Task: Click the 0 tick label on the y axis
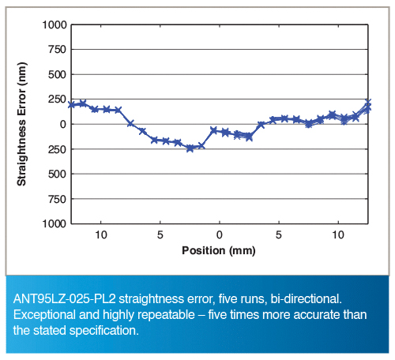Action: [x=63, y=124]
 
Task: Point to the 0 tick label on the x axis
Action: [x=220, y=234]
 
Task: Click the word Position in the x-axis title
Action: [x=204, y=250]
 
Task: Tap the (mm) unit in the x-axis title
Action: [x=243, y=250]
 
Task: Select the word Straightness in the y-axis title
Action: [x=21, y=153]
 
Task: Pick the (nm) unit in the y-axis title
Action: [x=22, y=73]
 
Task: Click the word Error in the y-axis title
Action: [x=21, y=103]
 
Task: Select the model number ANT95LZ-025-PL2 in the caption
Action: [x=65, y=299]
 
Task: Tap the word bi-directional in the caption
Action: [x=306, y=299]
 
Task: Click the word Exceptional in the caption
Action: [x=44, y=315]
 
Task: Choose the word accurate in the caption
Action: [x=317, y=315]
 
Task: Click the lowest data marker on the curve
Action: [x=190, y=148]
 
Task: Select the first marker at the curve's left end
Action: [x=71, y=104]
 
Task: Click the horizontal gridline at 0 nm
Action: [x=220, y=124]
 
